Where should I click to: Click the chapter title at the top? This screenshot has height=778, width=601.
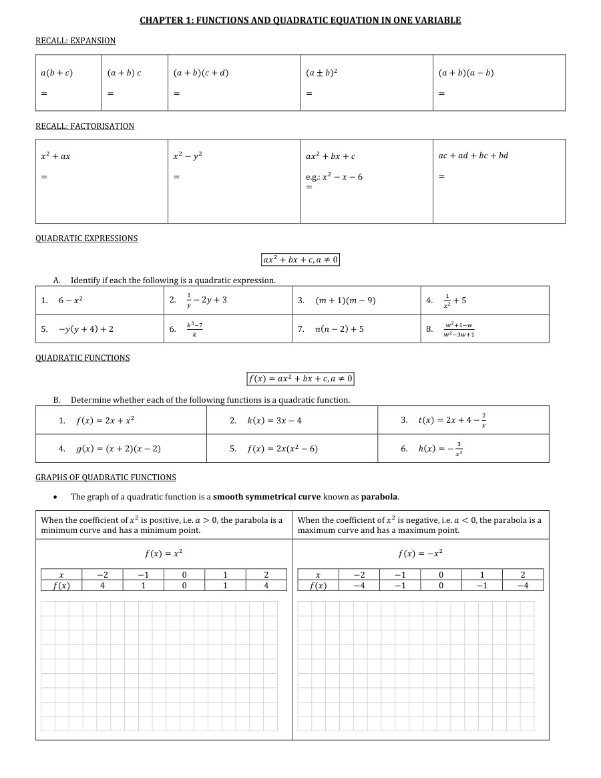(300, 20)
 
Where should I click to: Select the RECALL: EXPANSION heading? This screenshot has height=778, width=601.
(75, 41)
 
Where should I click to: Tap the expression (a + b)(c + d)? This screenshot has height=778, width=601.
(200, 73)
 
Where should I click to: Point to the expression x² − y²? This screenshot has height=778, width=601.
(188, 156)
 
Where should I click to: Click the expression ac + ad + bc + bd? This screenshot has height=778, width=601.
(473, 156)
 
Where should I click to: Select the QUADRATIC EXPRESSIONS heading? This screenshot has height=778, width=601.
(86, 238)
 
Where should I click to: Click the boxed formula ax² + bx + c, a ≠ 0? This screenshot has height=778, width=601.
(300, 259)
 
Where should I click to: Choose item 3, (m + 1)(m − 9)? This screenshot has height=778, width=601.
(345, 301)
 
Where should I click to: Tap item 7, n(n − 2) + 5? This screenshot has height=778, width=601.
(339, 329)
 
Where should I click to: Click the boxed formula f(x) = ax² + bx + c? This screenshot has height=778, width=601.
(300, 379)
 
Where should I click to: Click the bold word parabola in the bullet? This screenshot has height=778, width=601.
(379, 497)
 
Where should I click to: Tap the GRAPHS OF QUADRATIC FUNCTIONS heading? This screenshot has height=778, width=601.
(106, 477)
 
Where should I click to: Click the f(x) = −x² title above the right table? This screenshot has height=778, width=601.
(420, 554)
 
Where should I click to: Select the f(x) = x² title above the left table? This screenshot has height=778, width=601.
(164, 554)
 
